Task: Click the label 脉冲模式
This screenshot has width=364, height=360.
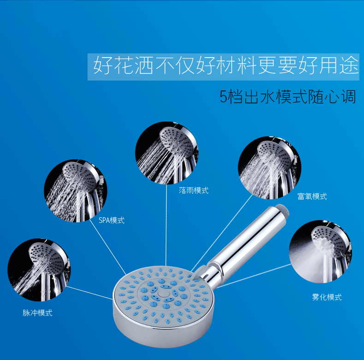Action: [x=37, y=313]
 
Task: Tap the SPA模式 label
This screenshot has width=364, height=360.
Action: [x=112, y=220]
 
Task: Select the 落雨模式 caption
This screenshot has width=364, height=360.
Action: [x=194, y=191]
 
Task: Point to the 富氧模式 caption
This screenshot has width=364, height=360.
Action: [x=312, y=197]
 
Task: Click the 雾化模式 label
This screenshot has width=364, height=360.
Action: [x=327, y=297]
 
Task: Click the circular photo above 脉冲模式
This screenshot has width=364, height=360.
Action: [x=39, y=270]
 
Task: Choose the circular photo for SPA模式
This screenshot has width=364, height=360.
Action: [x=76, y=191]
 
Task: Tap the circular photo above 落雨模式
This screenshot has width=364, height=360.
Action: [x=167, y=153]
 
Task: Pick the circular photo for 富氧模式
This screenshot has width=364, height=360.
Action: [x=270, y=168]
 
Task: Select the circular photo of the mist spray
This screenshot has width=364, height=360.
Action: [x=321, y=252]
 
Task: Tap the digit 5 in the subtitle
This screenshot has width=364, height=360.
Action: [x=223, y=97]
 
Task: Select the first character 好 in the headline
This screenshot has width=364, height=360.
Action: [x=103, y=65]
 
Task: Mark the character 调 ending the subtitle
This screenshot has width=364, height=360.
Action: [x=348, y=97]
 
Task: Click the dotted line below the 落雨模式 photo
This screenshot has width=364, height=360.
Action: [x=166, y=225]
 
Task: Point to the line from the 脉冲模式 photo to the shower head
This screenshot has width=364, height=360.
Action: [x=89, y=293]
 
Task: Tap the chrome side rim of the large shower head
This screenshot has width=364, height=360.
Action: [x=163, y=334]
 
